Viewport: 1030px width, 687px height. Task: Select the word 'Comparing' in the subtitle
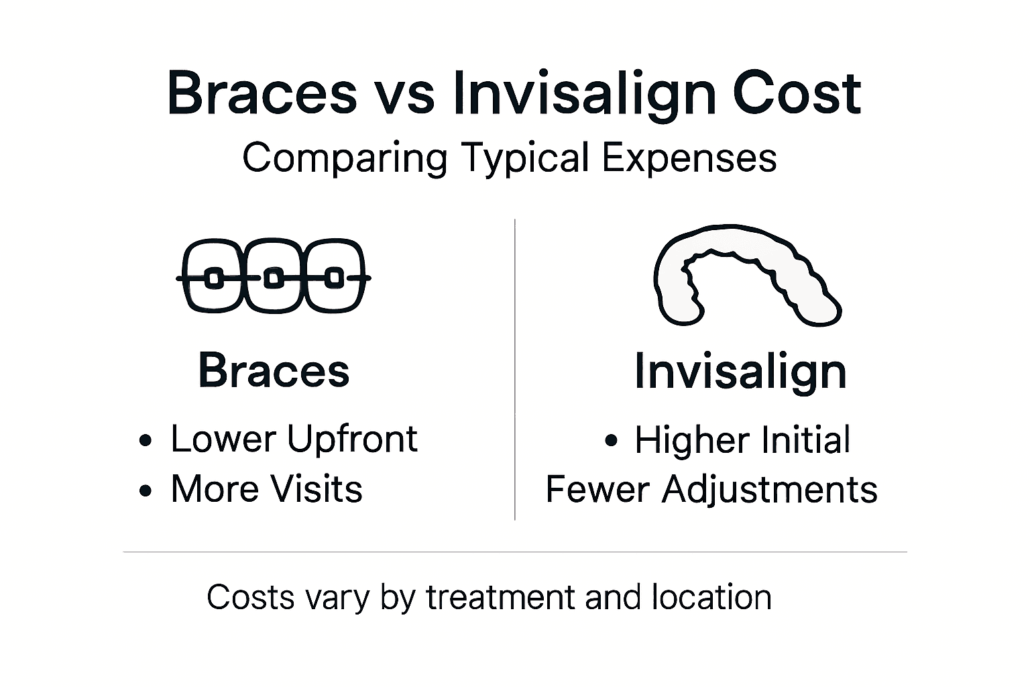[344, 159]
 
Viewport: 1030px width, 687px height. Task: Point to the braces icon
[273, 276]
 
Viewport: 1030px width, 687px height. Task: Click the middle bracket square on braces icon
[273, 277]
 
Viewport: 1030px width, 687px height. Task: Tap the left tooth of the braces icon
[214, 276]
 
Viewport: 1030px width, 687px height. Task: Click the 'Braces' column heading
[274, 370]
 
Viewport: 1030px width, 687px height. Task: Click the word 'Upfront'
[352, 439]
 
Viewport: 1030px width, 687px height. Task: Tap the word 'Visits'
[316, 488]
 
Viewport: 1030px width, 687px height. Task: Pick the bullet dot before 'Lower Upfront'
[146, 441]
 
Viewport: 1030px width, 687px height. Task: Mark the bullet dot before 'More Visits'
[146, 491]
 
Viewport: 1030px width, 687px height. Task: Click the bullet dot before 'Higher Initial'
[610, 441]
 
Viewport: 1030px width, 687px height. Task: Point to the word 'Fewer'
[598, 489]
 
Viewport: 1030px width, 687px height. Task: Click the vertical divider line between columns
[515, 369]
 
